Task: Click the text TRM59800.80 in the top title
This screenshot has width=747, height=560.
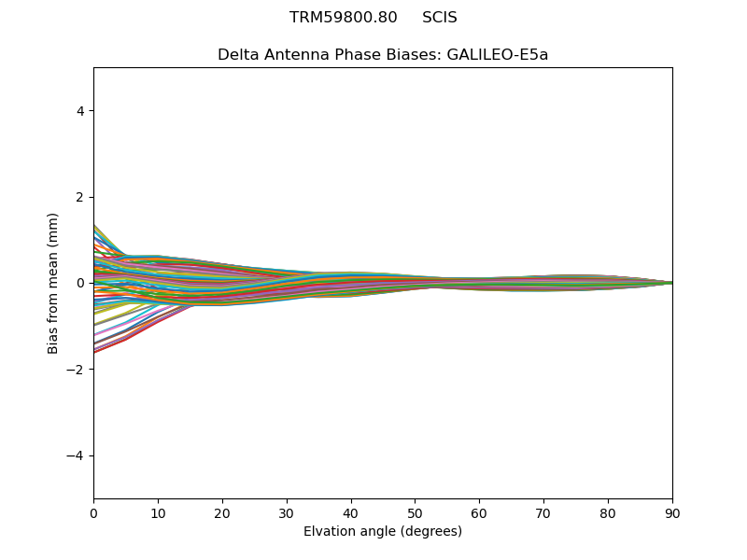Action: click(x=343, y=18)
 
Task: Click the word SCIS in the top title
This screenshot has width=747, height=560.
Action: click(x=440, y=18)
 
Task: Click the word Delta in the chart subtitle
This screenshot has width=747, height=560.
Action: click(x=237, y=55)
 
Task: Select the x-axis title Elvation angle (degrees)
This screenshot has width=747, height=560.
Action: click(x=383, y=532)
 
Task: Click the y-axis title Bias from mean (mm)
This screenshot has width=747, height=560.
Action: click(x=54, y=283)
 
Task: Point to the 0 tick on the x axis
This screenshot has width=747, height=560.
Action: click(x=93, y=512)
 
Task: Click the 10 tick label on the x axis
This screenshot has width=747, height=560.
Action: click(x=158, y=512)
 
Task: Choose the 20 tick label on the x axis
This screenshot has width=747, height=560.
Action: click(x=222, y=512)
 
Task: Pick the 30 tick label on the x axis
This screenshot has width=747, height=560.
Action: click(x=287, y=512)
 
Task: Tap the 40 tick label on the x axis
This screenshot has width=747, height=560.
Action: click(x=351, y=512)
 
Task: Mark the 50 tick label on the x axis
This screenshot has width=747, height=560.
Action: click(x=416, y=512)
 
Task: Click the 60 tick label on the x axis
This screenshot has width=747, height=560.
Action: click(x=479, y=512)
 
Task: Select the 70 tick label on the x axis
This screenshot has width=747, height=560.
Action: click(x=543, y=512)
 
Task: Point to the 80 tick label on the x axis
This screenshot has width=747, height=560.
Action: click(x=608, y=512)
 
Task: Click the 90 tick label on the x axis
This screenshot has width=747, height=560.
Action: click(x=672, y=512)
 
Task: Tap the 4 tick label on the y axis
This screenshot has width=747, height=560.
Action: click(x=80, y=111)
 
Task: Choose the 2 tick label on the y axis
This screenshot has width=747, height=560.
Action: click(x=80, y=197)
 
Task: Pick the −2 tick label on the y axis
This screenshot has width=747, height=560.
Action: click(x=77, y=370)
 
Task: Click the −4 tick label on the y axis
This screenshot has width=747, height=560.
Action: click(x=77, y=455)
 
